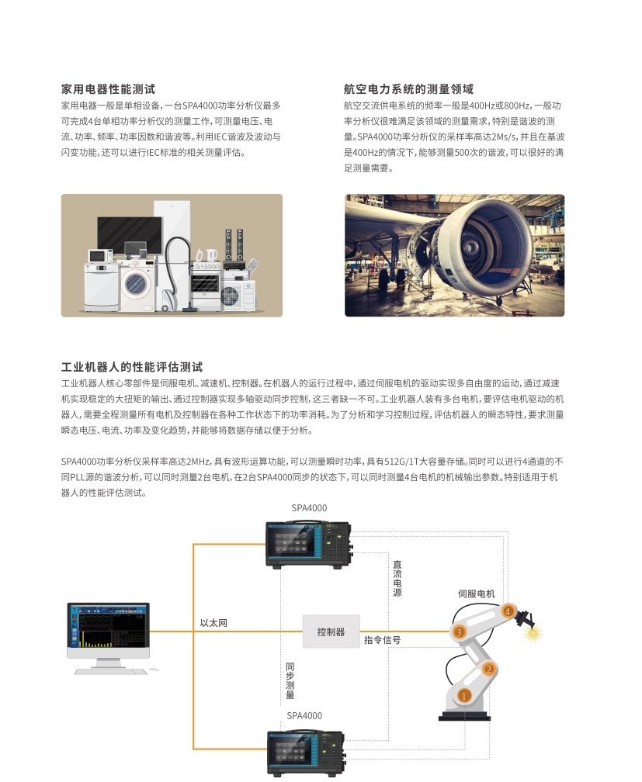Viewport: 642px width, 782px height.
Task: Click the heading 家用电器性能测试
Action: (x=108, y=89)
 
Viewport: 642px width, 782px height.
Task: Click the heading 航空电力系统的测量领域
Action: (x=408, y=89)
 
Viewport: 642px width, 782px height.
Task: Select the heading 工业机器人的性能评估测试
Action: (x=132, y=367)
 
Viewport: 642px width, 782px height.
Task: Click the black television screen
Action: (x=130, y=235)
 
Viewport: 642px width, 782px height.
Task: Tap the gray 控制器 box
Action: (x=331, y=631)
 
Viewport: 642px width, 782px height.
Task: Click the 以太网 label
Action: (x=213, y=623)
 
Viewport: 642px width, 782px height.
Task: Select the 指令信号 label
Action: (x=383, y=640)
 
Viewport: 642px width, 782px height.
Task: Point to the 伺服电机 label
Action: (x=476, y=594)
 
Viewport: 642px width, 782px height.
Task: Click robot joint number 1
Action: (x=463, y=695)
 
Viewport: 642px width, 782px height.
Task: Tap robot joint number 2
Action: (x=489, y=670)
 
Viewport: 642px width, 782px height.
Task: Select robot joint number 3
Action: (x=459, y=632)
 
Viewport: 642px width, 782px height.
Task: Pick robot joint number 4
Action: (x=508, y=611)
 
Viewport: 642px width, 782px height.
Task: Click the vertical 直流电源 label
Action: (x=397, y=579)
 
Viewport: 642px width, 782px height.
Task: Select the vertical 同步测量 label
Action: (x=290, y=681)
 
